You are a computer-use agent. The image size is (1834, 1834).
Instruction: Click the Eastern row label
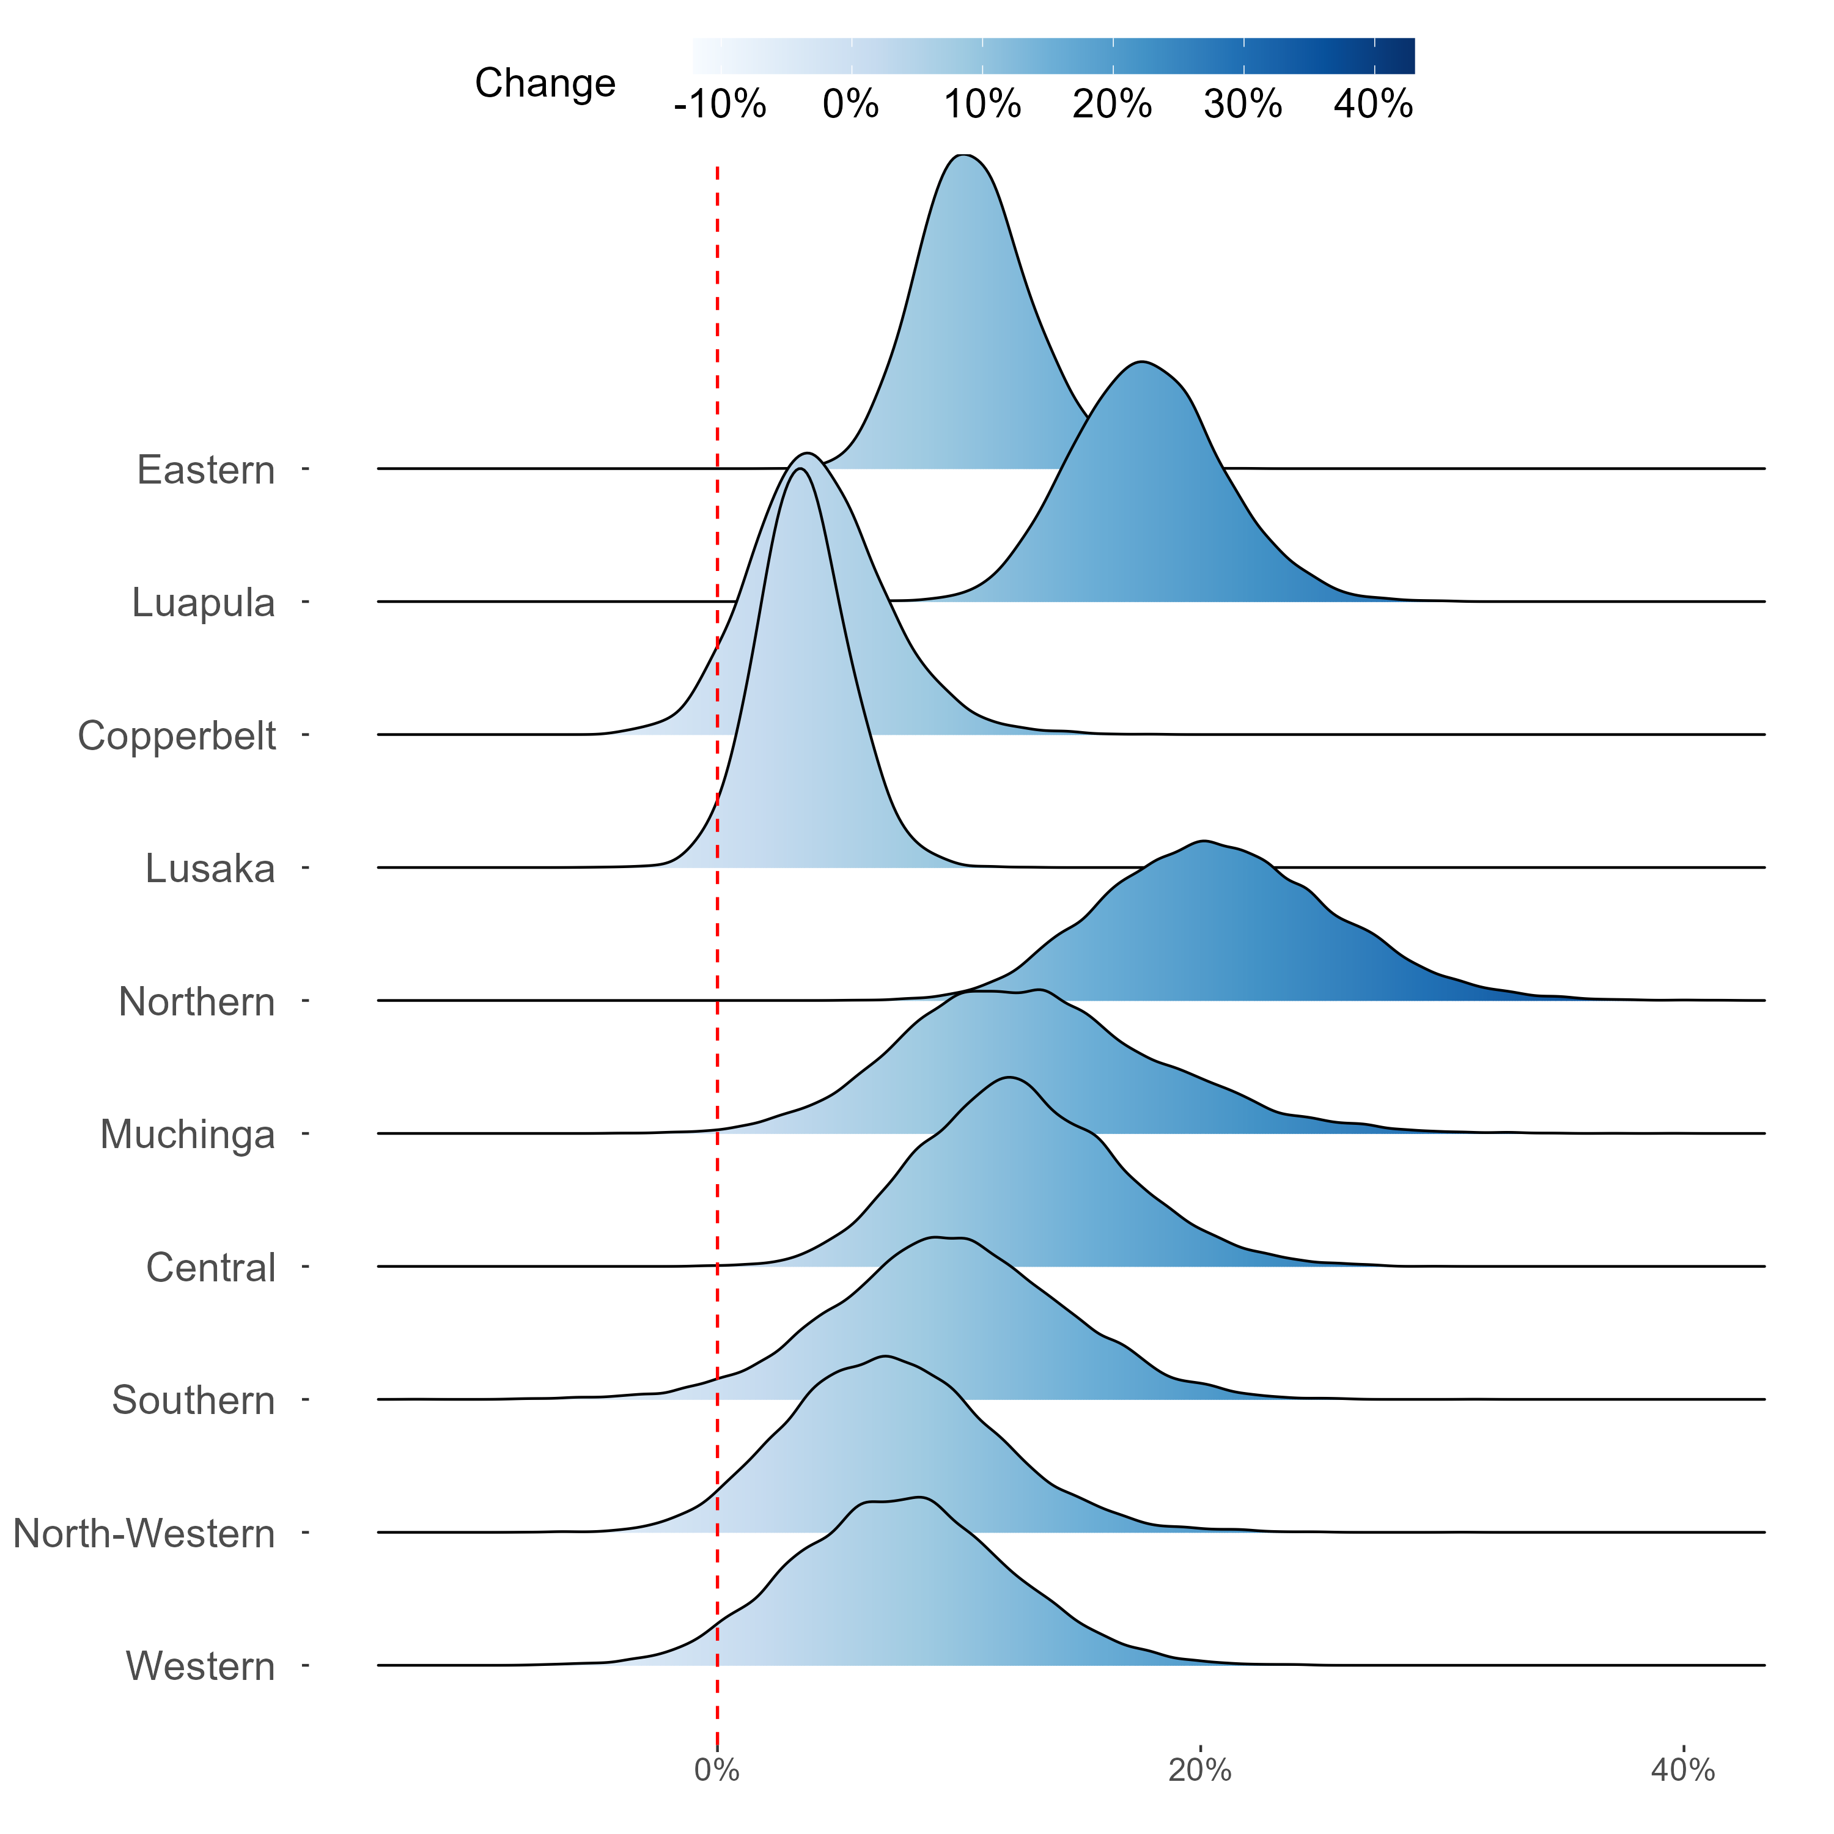coord(206,470)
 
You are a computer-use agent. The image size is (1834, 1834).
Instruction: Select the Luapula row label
coord(203,603)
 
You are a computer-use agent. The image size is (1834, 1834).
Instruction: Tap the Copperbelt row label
coord(177,735)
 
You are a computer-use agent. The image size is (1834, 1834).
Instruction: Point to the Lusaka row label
coord(210,869)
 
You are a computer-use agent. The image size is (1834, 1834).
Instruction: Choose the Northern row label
coord(196,1001)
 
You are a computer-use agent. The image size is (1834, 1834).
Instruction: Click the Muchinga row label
coord(187,1135)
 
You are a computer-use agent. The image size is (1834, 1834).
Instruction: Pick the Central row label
coord(211,1267)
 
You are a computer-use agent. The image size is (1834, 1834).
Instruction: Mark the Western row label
coord(201,1666)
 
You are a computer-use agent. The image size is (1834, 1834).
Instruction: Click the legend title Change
coord(545,84)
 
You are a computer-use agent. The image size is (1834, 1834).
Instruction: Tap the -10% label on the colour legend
coord(720,105)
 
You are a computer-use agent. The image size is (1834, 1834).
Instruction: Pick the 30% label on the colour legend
coord(1243,105)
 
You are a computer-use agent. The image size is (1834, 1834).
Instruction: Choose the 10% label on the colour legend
coord(982,105)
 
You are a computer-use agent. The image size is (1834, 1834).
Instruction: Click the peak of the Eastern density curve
coord(963,155)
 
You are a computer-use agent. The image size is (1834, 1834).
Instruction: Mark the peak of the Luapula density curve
coord(1142,362)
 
